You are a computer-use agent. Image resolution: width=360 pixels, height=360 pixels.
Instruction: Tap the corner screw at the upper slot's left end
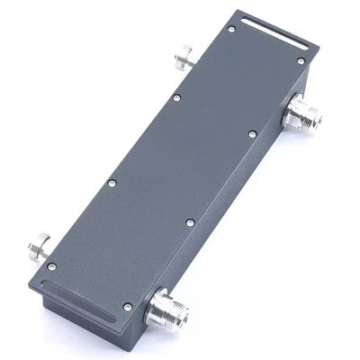(x=231, y=30)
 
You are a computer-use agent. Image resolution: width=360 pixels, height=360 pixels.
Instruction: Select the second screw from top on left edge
(x=176, y=97)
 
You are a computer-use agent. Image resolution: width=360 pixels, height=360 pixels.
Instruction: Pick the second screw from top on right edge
(x=252, y=135)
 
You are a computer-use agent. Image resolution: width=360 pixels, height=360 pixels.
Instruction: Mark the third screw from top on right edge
(x=190, y=220)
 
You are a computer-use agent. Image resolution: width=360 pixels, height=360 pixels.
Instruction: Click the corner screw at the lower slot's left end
(x=51, y=265)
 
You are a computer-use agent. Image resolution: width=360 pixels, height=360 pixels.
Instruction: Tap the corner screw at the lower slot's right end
(x=128, y=307)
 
